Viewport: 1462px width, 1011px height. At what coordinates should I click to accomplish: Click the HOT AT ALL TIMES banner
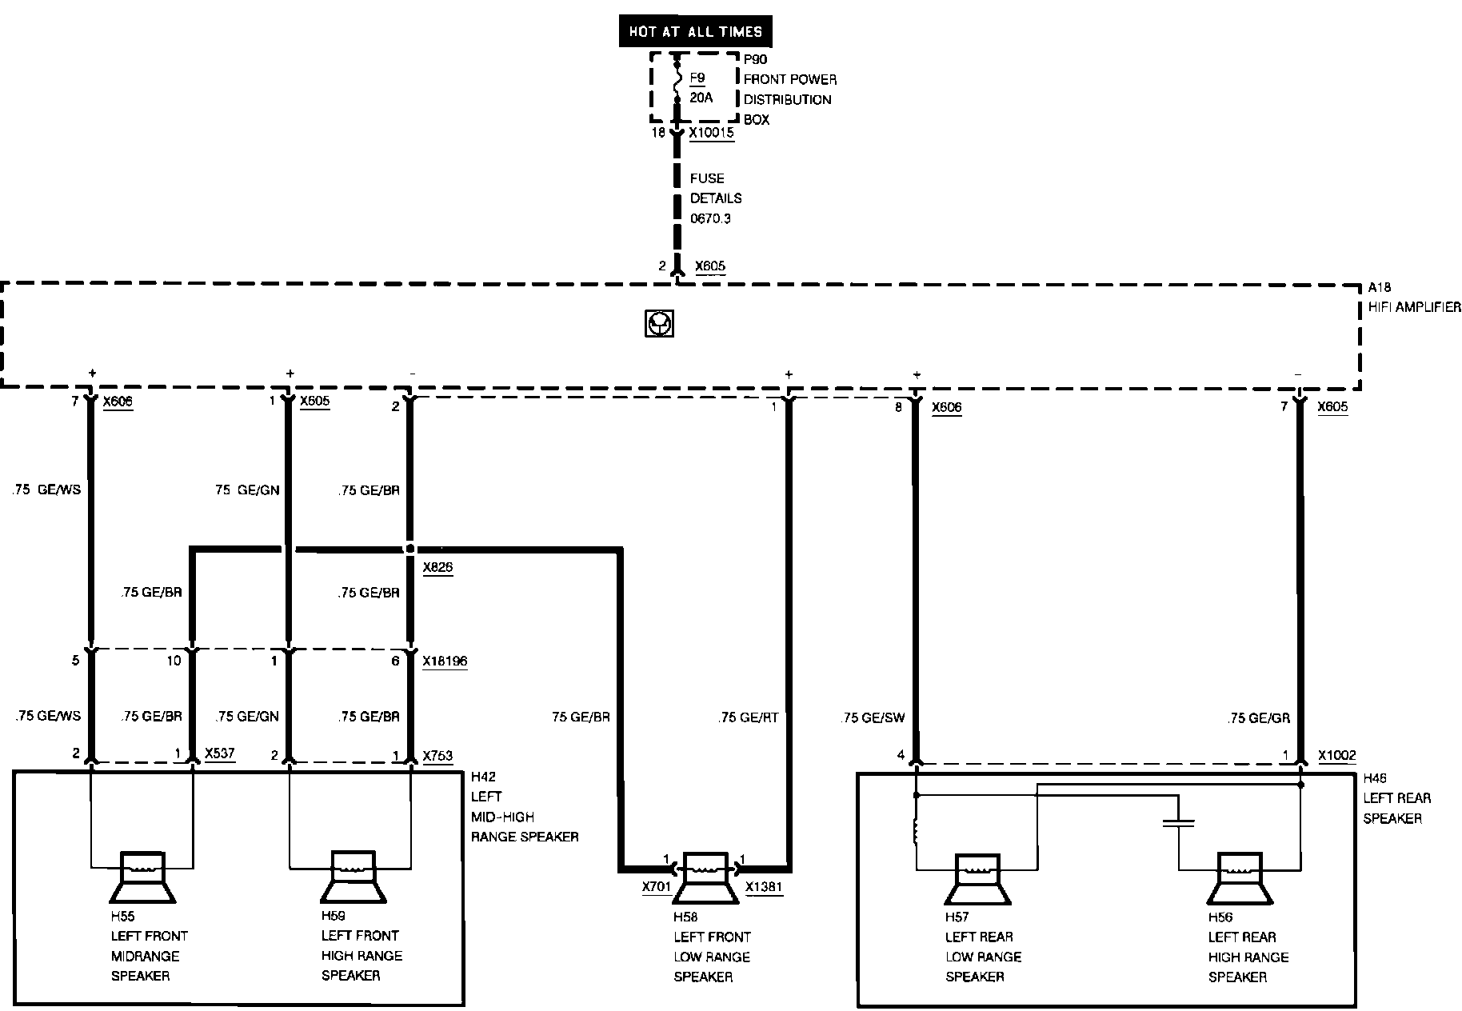(696, 32)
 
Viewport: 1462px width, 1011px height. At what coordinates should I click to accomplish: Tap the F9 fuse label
(697, 78)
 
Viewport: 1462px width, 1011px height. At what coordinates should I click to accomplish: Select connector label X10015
(711, 133)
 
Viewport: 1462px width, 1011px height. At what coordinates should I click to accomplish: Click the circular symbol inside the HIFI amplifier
(659, 324)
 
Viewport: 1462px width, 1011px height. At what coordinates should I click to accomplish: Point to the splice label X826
(437, 568)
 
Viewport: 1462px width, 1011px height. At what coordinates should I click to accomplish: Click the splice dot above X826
(410, 549)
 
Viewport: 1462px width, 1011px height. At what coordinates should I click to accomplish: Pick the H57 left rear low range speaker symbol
(977, 880)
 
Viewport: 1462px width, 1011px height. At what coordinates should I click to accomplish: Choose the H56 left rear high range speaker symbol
(1240, 880)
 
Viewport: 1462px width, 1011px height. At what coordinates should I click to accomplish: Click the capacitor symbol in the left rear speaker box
(1179, 823)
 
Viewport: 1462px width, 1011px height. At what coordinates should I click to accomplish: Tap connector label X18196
(445, 661)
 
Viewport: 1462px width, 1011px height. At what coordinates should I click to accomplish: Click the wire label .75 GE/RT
(748, 717)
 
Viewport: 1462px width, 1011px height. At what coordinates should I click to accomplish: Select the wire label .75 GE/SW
(873, 717)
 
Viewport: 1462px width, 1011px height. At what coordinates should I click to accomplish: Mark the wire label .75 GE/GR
(1259, 718)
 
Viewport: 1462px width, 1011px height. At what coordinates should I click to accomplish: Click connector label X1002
(1336, 756)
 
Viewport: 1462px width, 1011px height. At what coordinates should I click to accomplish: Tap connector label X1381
(764, 887)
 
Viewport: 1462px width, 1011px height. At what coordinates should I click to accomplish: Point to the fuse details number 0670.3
(710, 218)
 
